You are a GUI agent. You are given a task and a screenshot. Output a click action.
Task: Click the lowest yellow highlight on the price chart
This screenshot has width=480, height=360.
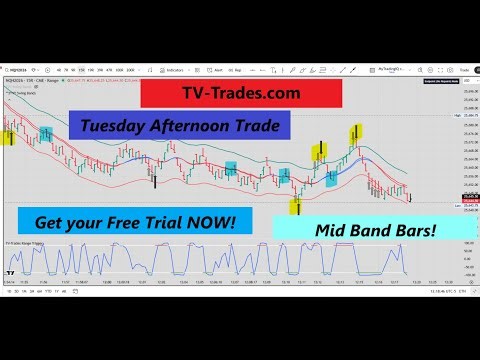coord(297,206)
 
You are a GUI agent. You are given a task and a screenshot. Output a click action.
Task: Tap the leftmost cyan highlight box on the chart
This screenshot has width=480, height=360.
coord(46,136)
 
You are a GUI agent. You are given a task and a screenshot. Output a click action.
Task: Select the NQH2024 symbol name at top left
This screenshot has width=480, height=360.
coord(18,79)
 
